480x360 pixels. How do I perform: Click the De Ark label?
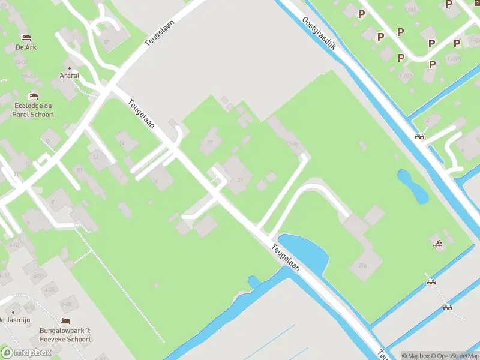click(x=26, y=47)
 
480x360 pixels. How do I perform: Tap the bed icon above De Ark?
click(x=26, y=36)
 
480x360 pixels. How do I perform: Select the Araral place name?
click(x=70, y=76)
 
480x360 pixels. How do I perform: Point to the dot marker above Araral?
click(x=70, y=67)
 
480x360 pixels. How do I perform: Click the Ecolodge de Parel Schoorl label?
click(x=34, y=110)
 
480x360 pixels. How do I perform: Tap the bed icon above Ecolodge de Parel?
click(x=33, y=95)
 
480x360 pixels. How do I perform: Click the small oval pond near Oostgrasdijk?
click(x=413, y=186)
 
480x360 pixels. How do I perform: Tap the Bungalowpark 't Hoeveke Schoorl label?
click(x=65, y=335)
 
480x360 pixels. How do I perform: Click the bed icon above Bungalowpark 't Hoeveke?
click(x=65, y=321)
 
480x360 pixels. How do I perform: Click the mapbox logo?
click(x=26, y=352)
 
